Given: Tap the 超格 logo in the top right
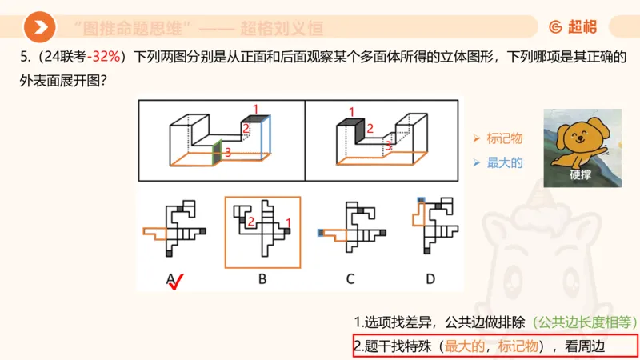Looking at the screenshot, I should click(573, 27).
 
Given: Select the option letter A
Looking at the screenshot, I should click(170, 279).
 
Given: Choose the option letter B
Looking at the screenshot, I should click(262, 279).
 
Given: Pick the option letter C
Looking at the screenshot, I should click(350, 279).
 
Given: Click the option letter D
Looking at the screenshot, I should click(430, 279).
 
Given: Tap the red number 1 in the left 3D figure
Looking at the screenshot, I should click(256, 108).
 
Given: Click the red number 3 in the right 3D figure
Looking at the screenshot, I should click(388, 146).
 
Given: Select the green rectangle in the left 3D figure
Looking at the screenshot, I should click(216, 153).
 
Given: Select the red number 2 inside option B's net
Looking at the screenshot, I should click(250, 221).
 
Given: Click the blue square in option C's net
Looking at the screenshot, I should click(321, 233).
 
